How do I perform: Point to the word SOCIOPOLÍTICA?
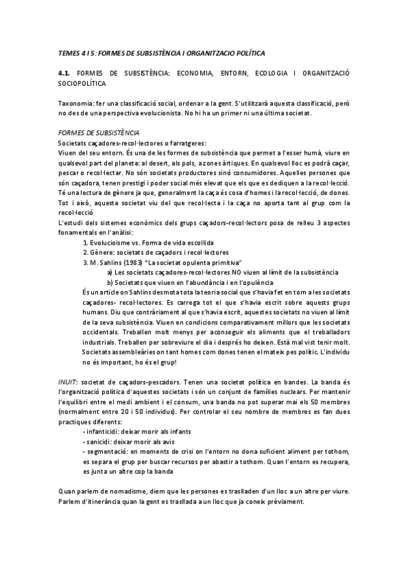pyautogui.click(x=82, y=82)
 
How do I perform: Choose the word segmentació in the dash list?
pyautogui.click(x=104, y=452)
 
